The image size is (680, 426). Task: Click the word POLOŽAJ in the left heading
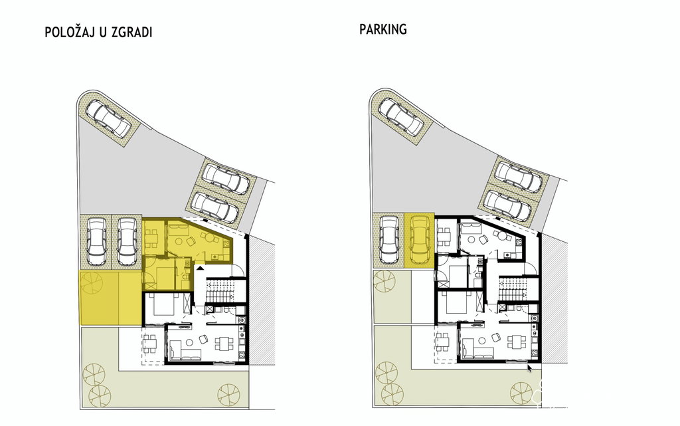pos(70,33)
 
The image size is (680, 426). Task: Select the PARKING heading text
pos(383,29)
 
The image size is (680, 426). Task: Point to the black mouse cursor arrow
pos(529,369)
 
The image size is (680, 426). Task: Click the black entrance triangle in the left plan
pos(199,269)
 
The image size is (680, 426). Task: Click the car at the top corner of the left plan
pos(112,118)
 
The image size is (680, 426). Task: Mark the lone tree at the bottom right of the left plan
pos(228,395)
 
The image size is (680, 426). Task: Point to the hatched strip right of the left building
pos(262,304)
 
